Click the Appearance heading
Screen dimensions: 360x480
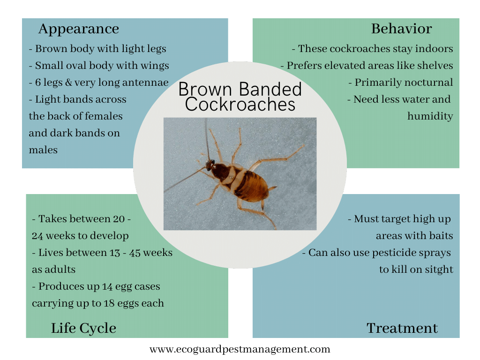78,29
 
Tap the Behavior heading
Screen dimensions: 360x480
401,29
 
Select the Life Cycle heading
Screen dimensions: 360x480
83,329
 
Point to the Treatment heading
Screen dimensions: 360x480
402,329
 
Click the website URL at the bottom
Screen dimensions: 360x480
240,349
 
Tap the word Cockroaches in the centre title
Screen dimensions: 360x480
240,104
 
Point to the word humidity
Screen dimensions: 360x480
430,116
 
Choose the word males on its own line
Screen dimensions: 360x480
43,150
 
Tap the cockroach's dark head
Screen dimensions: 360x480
210,165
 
